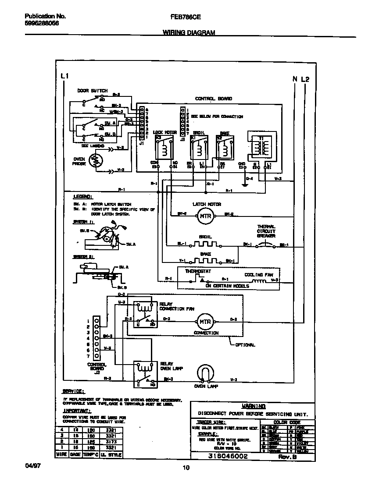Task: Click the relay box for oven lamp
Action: point(144,374)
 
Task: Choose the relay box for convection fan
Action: point(144,314)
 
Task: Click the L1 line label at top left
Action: point(64,77)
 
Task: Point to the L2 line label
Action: point(305,79)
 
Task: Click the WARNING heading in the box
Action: point(254,406)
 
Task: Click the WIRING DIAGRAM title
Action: point(189,33)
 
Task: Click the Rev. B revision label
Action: point(289,457)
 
